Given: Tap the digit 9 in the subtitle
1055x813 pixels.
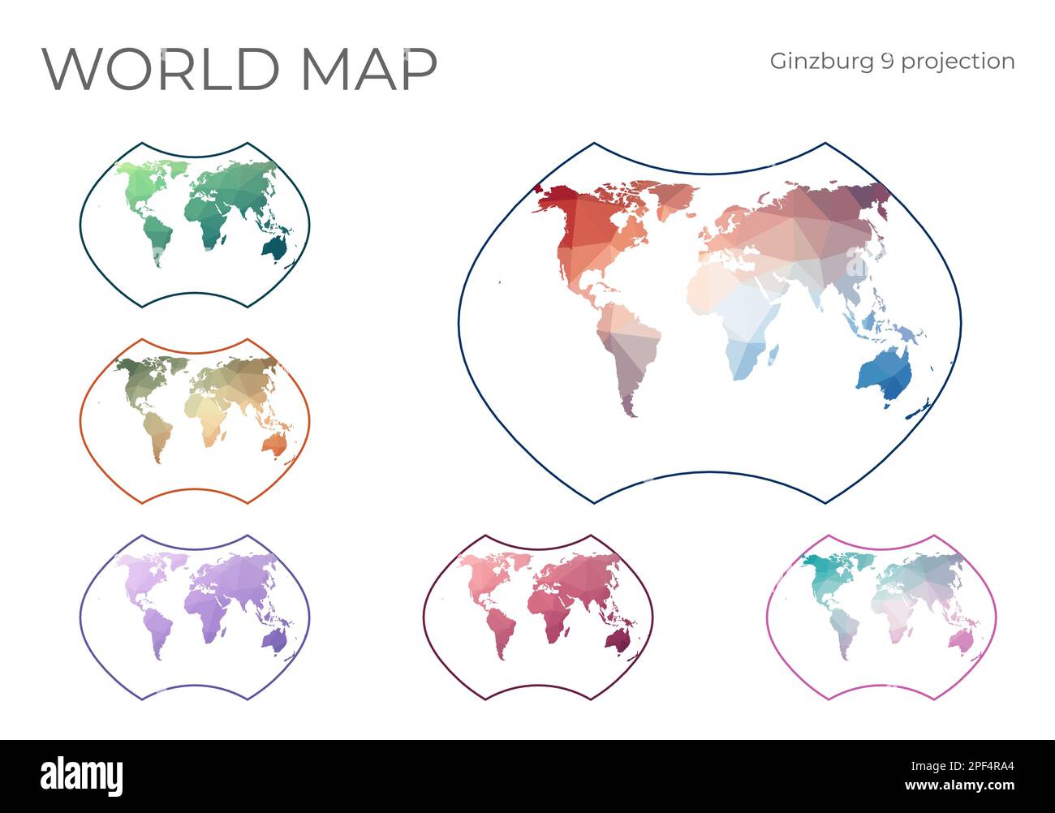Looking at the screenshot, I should click(x=889, y=62).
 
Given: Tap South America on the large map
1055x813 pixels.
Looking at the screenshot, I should click(x=629, y=349).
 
